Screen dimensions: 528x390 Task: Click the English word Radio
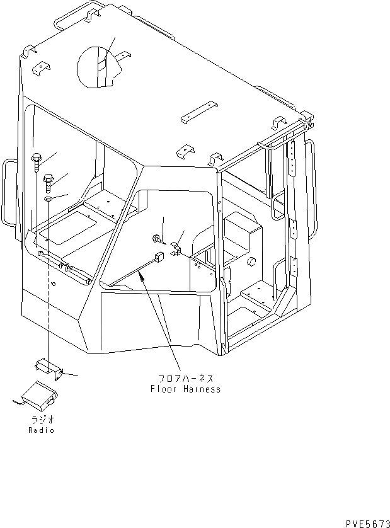41,430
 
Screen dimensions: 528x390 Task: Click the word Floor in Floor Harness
163,389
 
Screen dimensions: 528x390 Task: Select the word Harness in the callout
200,389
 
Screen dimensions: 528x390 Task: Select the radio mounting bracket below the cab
49,368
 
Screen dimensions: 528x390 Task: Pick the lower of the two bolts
49,183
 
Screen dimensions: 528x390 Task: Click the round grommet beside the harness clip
156,238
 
